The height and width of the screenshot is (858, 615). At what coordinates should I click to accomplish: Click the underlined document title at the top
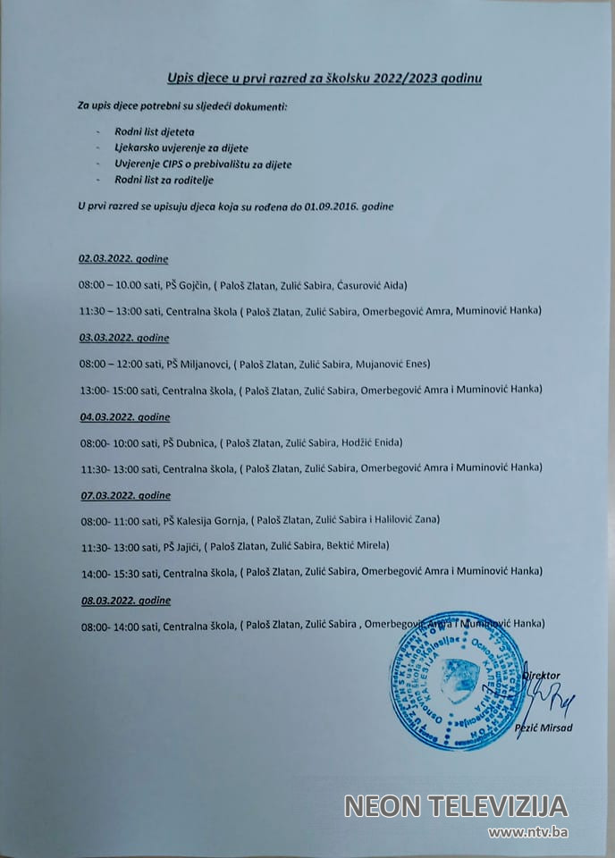click(x=325, y=79)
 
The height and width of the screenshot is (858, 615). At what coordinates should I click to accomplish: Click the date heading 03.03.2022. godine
click(x=124, y=338)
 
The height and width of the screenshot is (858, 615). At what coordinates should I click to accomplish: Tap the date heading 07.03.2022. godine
click(x=124, y=495)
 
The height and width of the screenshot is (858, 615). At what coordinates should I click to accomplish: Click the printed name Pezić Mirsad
click(x=544, y=728)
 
